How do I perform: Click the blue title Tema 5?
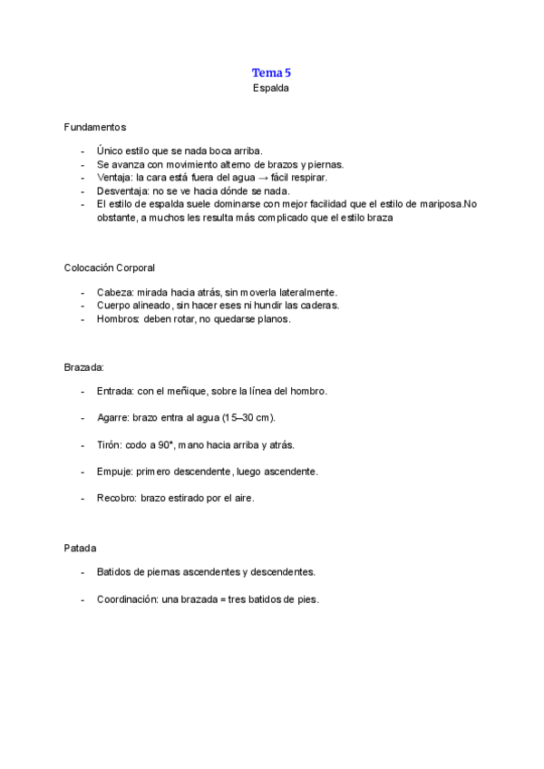click(271, 73)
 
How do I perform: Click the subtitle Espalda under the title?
click(271, 89)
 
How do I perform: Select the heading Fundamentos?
click(95, 126)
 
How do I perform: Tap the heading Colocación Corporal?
click(110, 268)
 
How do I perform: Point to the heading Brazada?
click(84, 367)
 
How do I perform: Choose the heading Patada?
click(81, 549)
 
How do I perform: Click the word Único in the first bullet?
click(110, 151)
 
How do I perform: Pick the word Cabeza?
click(113, 292)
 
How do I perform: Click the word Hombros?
click(117, 319)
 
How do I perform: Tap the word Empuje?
click(114, 472)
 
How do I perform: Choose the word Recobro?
click(116, 499)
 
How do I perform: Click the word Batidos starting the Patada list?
click(115, 572)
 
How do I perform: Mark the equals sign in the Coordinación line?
click(222, 599)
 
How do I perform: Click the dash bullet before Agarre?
click(83, 418)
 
